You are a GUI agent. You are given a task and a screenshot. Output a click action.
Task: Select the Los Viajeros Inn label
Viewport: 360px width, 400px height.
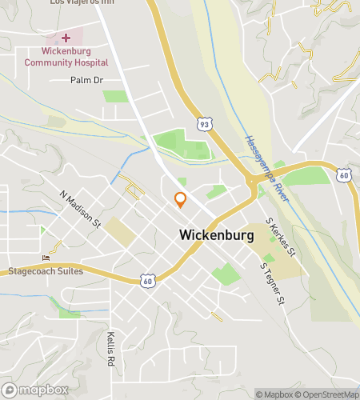82,3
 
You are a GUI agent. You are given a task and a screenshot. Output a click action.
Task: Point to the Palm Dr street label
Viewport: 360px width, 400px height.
87,80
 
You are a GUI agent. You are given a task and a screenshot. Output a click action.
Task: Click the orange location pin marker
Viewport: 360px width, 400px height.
181,200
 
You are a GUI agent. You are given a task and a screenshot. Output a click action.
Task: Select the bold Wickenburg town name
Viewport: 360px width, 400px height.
217,236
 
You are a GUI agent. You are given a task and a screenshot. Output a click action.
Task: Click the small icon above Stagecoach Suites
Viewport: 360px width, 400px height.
46,258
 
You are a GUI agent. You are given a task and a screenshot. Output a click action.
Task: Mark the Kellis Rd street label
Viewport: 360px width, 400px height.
111,350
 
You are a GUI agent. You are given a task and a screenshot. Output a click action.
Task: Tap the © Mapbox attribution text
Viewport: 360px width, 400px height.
274,394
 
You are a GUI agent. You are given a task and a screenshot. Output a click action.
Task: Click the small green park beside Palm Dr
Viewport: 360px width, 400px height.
116,96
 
